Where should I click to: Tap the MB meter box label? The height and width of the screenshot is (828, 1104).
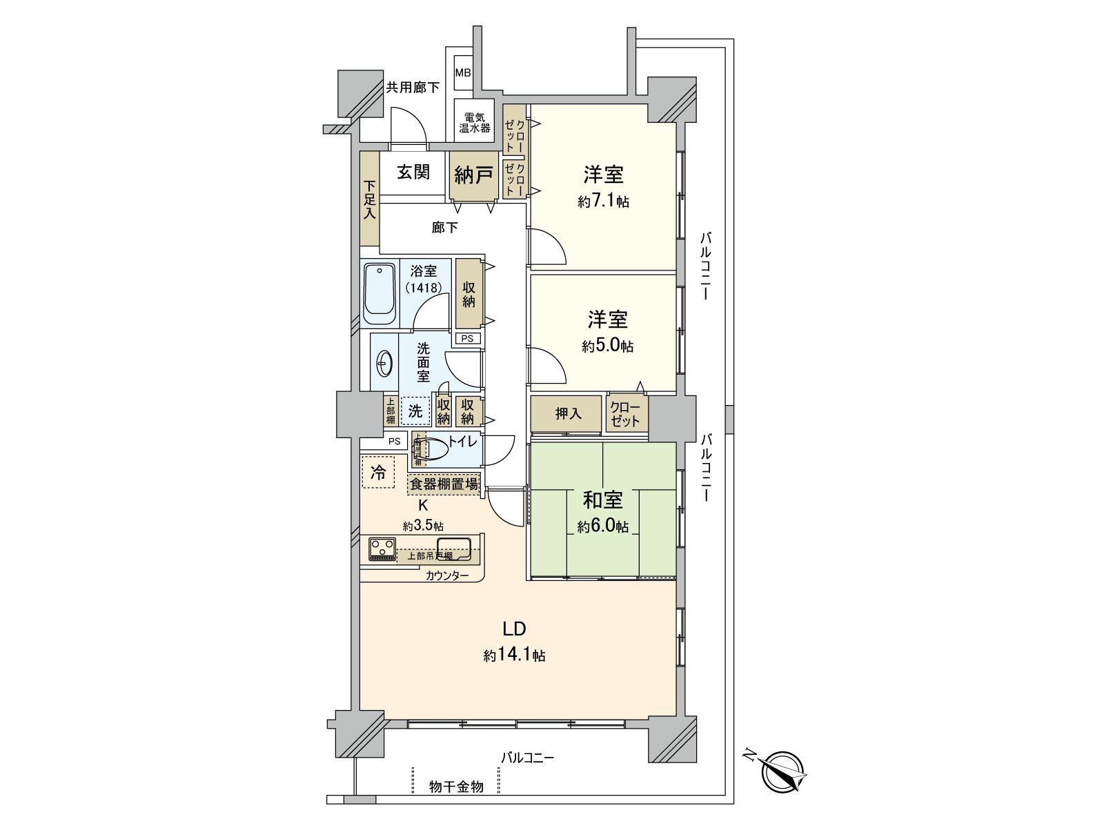462,72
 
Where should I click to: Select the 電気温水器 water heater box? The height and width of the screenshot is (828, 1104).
475,122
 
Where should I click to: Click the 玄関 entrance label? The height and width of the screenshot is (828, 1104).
413,172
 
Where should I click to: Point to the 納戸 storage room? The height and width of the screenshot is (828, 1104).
473,175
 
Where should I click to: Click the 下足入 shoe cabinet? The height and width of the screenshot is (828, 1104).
370,200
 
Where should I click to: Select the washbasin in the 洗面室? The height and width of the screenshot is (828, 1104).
384,362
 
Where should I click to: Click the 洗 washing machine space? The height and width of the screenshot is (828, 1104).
415,411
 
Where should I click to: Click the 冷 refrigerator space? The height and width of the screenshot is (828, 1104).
378,473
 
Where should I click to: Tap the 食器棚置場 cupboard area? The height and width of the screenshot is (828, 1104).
444,484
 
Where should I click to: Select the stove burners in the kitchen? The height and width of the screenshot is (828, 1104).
382,550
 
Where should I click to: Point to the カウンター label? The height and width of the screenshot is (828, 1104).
446,575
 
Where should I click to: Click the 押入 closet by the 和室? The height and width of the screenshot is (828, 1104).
568,413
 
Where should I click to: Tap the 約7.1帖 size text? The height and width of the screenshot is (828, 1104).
603,201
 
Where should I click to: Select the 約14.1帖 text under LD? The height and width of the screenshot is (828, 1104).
514,655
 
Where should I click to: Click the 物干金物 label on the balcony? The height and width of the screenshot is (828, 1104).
455,787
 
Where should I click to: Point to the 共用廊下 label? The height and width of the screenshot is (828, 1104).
412,88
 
